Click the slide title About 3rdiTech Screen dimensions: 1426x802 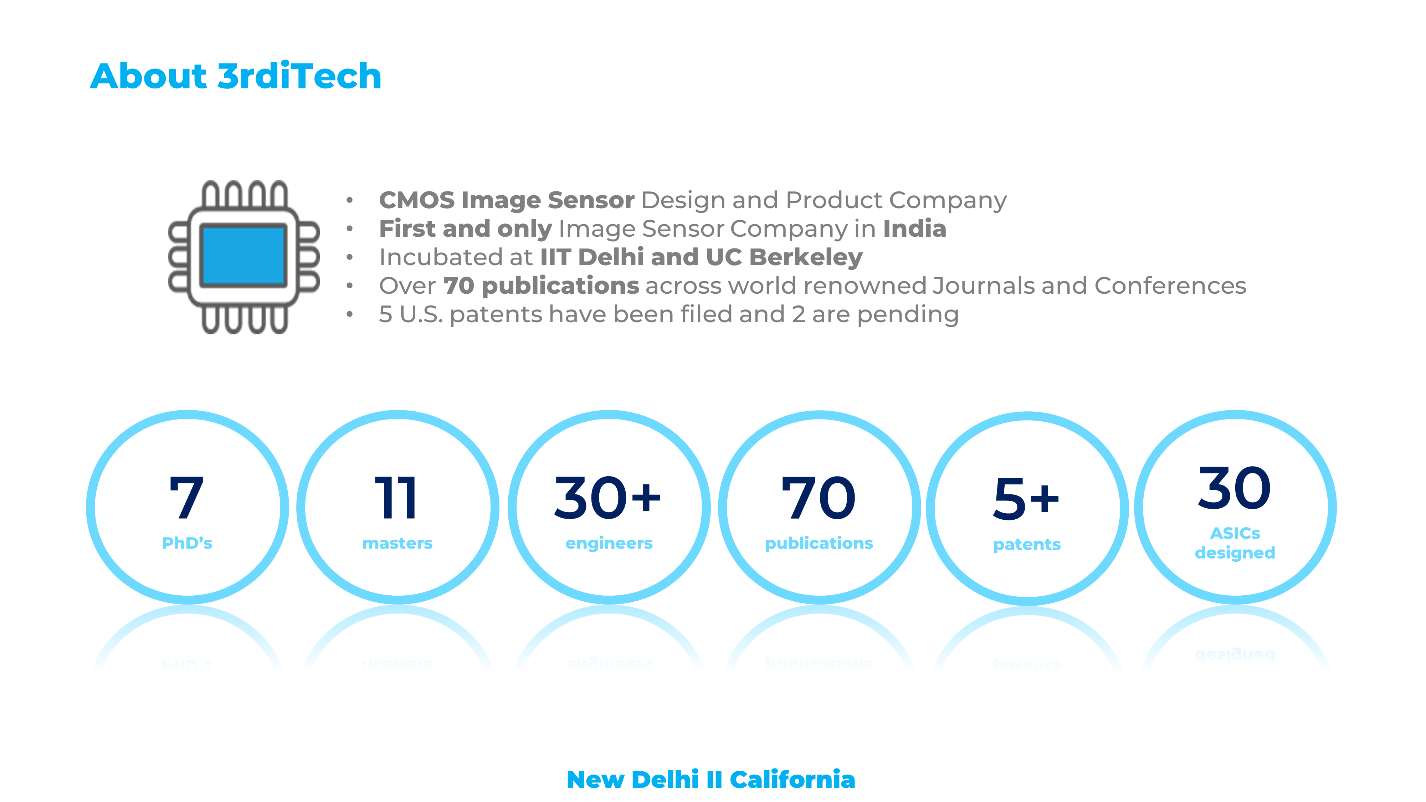(x=236, y=76)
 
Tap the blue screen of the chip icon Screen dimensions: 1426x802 (x=243, y=256)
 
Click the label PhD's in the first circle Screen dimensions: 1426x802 (x=187, y=544)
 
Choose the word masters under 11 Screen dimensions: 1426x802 (x=397, y=544)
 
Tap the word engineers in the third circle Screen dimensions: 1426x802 (x=609, y=544)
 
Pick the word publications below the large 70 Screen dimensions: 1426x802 (x=819, y=544)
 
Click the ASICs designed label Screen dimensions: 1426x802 (x=1235, y=543)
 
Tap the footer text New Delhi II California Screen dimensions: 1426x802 (x=711, y=779)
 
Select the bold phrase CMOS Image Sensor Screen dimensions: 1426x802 (x=507, y=200)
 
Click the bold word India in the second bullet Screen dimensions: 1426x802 (x=914, y=228)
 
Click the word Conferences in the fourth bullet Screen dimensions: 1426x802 (x=1170, y=286)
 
